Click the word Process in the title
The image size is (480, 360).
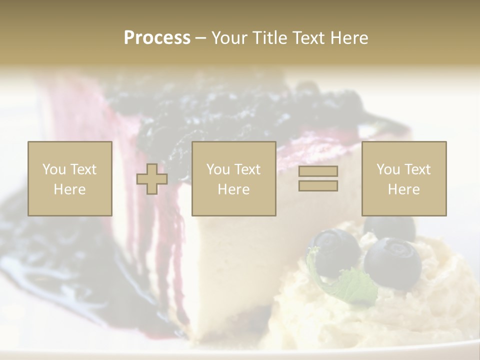(x=157, y=38)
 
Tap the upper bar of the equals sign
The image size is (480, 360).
(x=318, y=171)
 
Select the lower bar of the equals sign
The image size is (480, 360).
(x=318, y=186)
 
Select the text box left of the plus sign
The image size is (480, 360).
(x=69, y=178)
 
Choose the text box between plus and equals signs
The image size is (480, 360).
(x=233, y=178)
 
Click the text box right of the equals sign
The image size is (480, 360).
(x=403, y=178)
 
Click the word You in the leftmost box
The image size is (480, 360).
(x=53, y=169)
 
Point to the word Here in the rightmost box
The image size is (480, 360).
(x=403, y=189)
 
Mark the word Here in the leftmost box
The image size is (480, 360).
(x=69, y=189)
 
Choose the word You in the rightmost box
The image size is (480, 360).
(x=388, y=169)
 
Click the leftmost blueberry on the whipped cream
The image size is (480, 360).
(x=333, y=250)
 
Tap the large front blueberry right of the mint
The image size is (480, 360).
(x=393, y=264)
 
